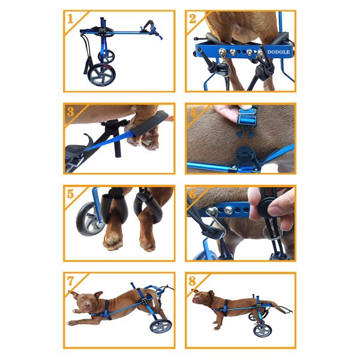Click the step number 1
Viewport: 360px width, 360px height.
[x=70, y=18]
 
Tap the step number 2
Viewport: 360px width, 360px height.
[x=192, y=18]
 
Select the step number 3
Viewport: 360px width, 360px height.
[x=70, y=112]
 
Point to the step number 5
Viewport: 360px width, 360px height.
[x=70, y=194]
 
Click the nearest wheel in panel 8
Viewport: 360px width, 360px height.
[x=262, y=330]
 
